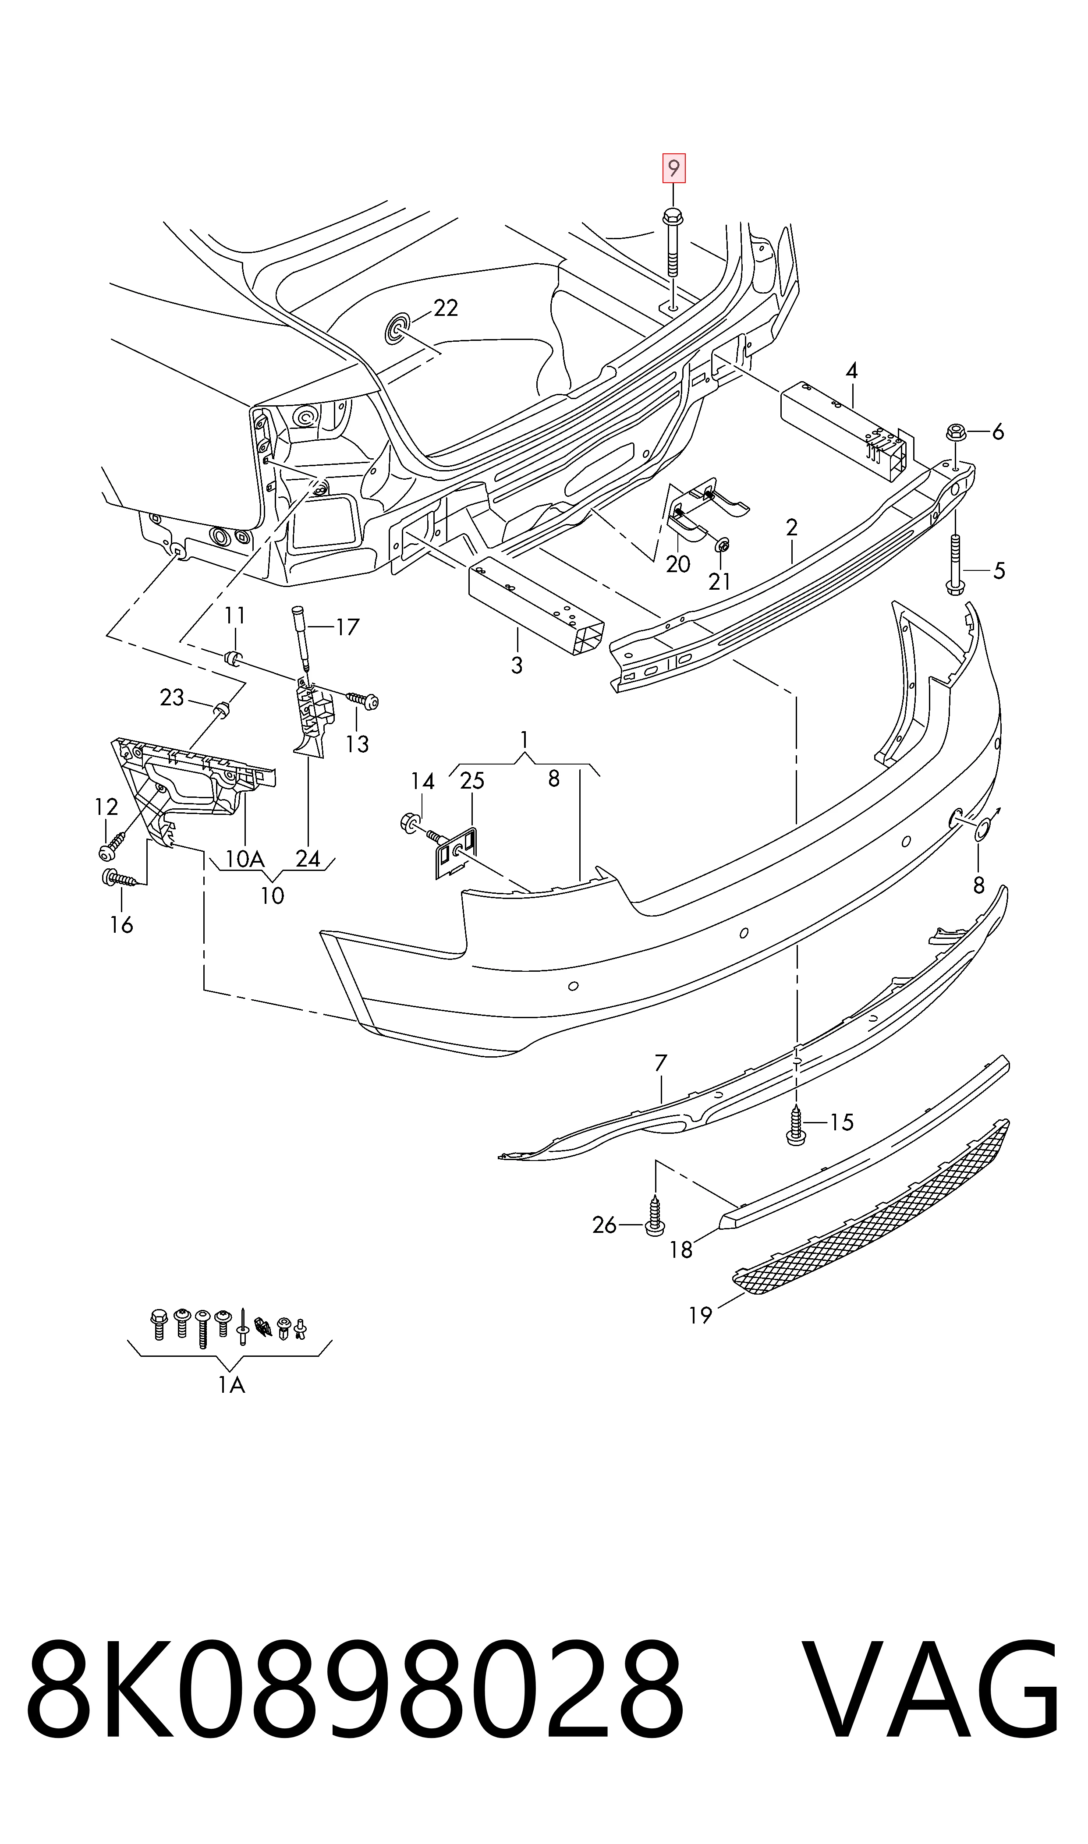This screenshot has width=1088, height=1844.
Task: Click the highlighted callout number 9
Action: pos(673,169)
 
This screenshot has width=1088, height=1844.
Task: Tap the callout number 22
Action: pos(446,308)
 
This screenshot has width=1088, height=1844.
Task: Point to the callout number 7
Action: pos(661,1063)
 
